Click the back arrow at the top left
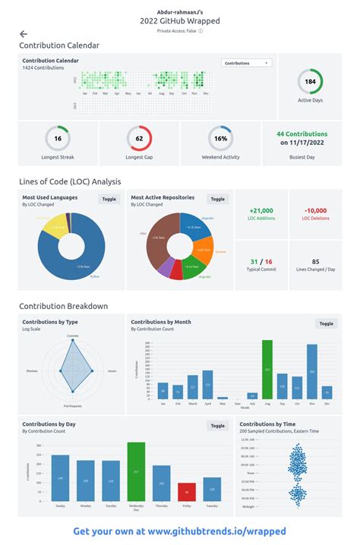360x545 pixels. (x=24, y=34)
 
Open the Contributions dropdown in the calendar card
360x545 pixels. (x=246, y=63)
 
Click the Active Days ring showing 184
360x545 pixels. (x=310, y=81)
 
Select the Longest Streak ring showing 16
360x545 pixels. (x=58, y=139)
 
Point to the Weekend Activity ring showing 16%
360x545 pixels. (x=220, y=139)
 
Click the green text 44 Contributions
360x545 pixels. (x=302, y=134)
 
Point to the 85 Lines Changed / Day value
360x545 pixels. (x=315, y=261)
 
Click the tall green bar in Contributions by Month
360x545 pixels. (x=267, y=369)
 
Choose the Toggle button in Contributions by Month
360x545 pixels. (x=326, y=323)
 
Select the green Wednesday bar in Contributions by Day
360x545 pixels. (x=136, y=471)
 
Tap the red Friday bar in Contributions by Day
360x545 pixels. (x=185, y=492)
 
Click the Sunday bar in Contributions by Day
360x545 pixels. (x=60, y=478)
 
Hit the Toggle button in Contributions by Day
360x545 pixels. (x=218, y=426)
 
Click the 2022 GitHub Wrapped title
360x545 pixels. (x=180, y=21)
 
